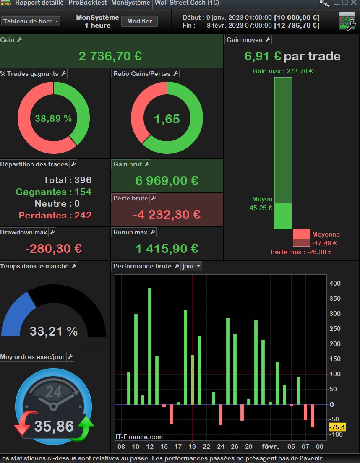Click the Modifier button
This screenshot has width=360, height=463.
[x=139, y=21]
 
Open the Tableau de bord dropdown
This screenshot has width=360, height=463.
[x=31, y=21]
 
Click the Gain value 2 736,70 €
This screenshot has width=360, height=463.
[x=110, y=56]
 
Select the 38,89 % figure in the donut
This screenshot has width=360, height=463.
[x=53, y=119]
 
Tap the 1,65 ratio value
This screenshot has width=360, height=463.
[x=167, y=119]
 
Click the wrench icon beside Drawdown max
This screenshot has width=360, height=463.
[x=52, y=232]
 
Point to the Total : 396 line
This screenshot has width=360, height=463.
[x=67, y=180]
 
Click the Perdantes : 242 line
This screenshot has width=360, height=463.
[x=55, y=216]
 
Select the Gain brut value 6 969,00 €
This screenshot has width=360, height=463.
[x=167, y=181]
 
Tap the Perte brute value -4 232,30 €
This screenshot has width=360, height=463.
[x=167, y=215]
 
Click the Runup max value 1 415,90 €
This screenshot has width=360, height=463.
[x=167, y=249]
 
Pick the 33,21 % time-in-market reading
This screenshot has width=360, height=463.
[x=53, y=331]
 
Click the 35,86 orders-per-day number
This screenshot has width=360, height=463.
[x=54, y=426]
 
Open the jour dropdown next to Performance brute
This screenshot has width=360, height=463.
[x=191, y=266]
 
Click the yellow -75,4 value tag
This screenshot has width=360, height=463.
[x=337, y=427]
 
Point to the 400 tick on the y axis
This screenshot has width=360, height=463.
[x=335, y=284]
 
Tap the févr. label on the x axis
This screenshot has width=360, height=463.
[x=270, y=446]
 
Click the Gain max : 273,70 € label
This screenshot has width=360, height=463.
[x=282, y=71]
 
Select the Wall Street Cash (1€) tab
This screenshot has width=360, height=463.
[x=187, y=3]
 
